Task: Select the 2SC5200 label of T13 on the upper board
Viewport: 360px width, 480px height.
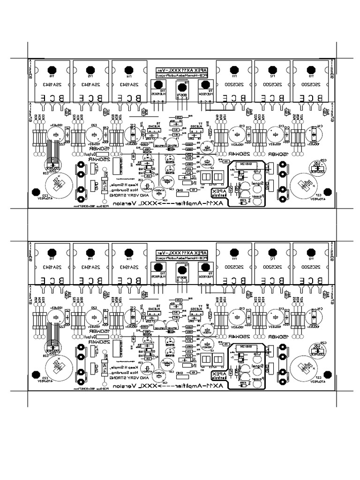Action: (x=311, y=85)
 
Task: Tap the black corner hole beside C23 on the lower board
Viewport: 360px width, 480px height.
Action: (x=35, y=375)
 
